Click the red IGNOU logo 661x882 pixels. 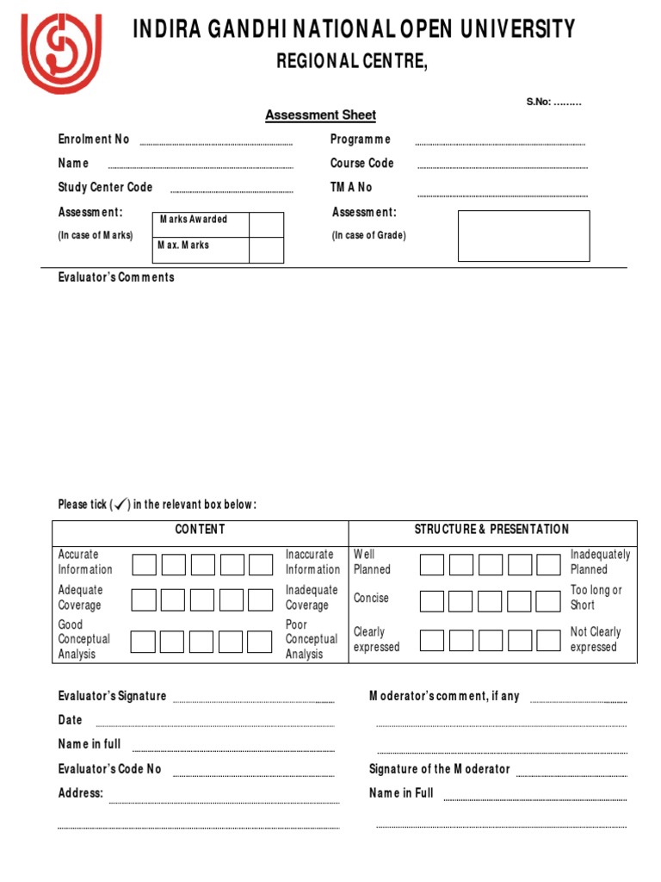point(61,53)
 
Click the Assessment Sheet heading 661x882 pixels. point(320,115)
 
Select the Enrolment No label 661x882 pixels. point(94,140)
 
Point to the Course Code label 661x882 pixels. point(361,164)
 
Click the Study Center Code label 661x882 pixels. point(105,188)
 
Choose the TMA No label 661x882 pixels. point(351,188)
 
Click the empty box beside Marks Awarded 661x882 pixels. point(266,225)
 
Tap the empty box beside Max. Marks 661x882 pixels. point(266,250)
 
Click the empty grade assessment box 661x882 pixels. point(523,235)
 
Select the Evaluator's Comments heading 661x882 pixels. point(116,277)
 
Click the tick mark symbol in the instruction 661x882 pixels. point(120,504)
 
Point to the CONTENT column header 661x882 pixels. point(200,530)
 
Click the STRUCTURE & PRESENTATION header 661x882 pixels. point(491,530)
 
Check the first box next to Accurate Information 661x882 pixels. point(145,564)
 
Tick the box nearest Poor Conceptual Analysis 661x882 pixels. point(260,641)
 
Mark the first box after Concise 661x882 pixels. point(432,599)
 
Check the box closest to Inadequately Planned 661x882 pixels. point(548,564)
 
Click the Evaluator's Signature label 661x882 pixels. point(112,696)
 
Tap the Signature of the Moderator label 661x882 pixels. point(439,769)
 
